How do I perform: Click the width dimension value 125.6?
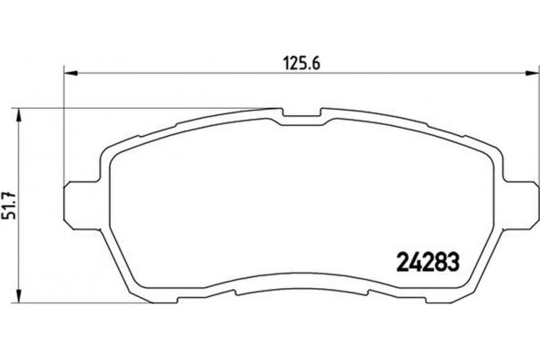pyautogui.click(x=297, y=62)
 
